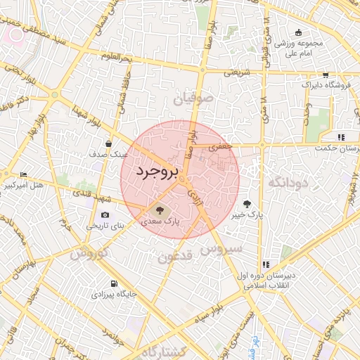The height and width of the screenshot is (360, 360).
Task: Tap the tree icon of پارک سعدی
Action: click(x=159, y=210)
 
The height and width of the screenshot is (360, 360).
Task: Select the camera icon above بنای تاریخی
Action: click(x=105, y=214)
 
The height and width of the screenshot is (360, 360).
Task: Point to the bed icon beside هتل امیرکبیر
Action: click(x=24, y=176)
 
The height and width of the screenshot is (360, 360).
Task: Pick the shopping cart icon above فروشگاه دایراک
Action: click(x=324, y=75)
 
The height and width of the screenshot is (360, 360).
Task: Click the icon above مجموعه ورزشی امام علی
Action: click(x=298, y=32)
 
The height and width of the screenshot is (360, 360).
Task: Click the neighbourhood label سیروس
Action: click(x=221, y=249)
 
